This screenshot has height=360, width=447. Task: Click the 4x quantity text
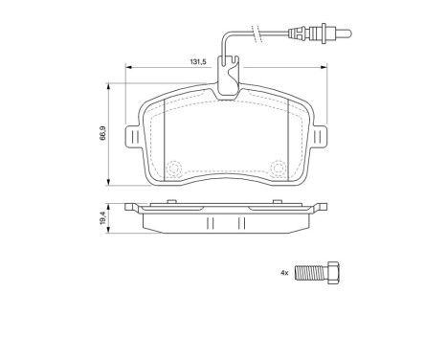(284, 273)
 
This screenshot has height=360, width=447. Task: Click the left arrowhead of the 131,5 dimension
(129, 68)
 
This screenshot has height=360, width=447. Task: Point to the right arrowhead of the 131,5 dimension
(324, 68)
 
